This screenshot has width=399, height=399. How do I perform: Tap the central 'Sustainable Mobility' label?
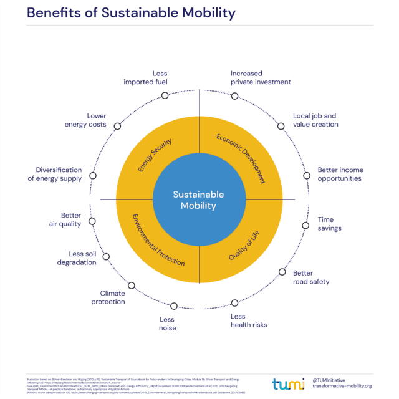coord(198,200)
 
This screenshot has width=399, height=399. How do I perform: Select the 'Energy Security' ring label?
coord(155,156)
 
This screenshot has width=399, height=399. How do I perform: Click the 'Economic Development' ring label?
coord(241,158)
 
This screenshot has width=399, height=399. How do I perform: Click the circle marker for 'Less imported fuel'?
coord(165,95)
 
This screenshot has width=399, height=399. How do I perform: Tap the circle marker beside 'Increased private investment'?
coord(234,95)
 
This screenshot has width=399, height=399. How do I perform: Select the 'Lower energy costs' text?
coord(87,120)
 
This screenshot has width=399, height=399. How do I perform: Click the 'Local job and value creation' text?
coord(315,120)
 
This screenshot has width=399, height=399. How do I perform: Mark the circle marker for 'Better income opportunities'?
coord(306,176)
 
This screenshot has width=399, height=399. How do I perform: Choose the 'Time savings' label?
coord(330,224)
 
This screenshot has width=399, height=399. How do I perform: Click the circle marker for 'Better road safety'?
coord(282,272)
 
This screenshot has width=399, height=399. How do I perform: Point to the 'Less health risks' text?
coord(248,320)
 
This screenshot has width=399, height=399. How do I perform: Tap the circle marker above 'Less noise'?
coord(173,305)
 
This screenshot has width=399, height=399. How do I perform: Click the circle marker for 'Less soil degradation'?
coord(106,256)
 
